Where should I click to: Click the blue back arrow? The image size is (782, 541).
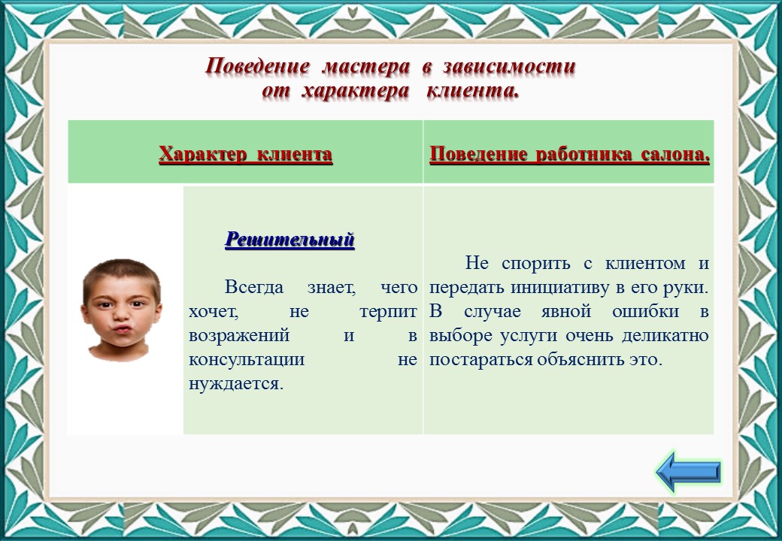(x=689, y=472)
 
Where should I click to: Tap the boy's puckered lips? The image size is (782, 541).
(x=121, y=329)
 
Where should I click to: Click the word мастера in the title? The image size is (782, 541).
(x=365, y=66)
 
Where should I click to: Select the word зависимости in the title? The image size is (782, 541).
(x=509, y=66)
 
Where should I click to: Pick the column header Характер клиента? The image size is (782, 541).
(x=245, y=154)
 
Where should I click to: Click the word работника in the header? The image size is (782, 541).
(x=581, y=155)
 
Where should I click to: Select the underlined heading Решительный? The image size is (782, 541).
(x=289, y=240)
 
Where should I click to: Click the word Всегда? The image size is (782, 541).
(x=254, y=288)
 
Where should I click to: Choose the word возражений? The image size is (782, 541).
(x=239, y=336)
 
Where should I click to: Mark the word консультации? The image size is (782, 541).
(x=247, y=360)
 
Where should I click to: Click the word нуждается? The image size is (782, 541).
(x=236, y=384)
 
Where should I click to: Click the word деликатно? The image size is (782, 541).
(x=665, y=336)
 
